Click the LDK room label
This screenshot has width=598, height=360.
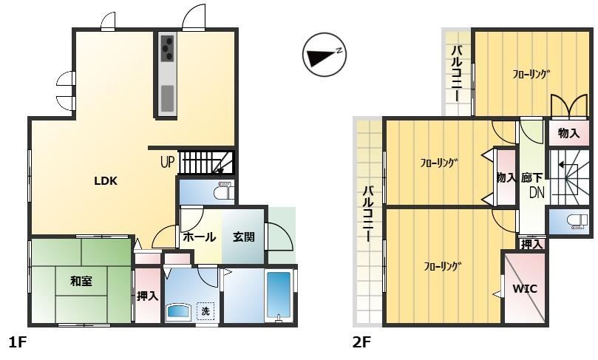106,181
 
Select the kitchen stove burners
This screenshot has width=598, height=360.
167,48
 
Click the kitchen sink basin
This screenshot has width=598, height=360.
167,98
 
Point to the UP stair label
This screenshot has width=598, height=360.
167,162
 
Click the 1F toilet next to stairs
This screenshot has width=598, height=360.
223,190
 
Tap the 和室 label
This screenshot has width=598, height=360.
81,282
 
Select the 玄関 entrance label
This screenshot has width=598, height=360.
244,237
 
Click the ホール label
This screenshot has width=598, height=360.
200,237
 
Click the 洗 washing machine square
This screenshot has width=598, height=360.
205,310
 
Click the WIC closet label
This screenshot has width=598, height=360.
524,288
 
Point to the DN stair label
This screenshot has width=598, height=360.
537,193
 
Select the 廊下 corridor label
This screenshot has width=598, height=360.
531,177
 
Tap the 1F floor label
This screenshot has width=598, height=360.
17,342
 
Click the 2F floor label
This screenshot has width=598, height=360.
361,342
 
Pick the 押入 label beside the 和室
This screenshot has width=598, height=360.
148,296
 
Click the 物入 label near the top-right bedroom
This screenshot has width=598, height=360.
568,133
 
